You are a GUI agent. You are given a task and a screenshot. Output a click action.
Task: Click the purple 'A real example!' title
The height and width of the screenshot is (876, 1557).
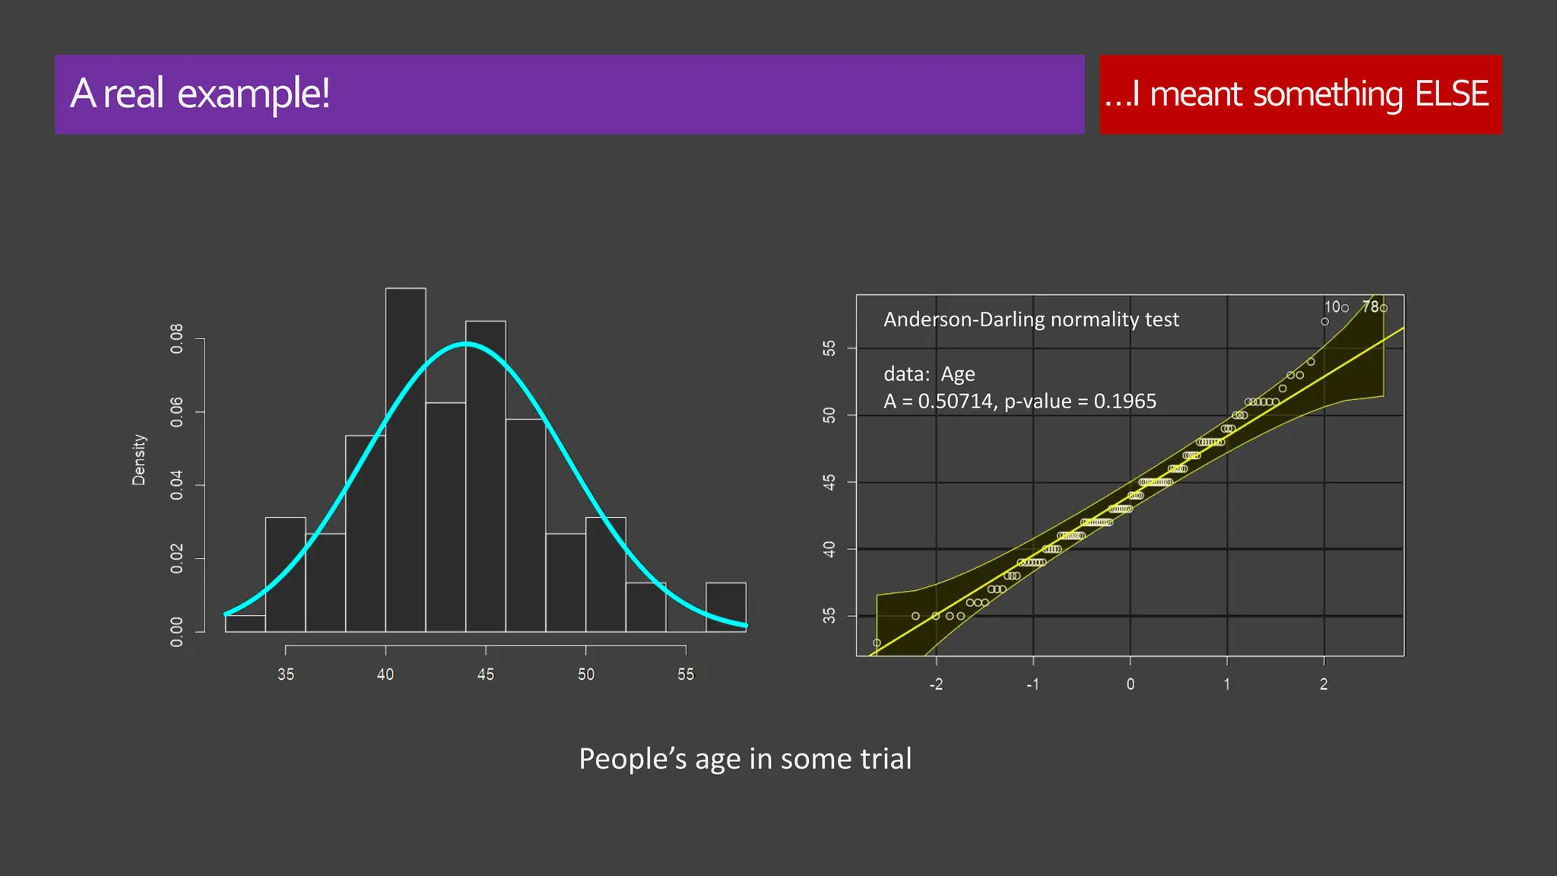click(x=200, y=94)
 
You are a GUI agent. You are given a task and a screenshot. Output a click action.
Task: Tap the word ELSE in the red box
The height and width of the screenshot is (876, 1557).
click(x=1451, y=94)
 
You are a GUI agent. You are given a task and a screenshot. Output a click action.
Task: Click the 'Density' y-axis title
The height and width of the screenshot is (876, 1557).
click(x=138, y=459)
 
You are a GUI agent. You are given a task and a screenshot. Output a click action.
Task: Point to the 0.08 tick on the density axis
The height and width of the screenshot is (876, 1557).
click(x=177, y=338)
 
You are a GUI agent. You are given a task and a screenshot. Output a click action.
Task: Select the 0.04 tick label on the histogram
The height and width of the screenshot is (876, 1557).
click(x=177, y=485)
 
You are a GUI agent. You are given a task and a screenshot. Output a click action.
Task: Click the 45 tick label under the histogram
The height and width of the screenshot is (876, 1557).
click(x=485, y=674)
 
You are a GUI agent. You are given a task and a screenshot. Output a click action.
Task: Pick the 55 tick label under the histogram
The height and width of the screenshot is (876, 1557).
click(x=686, y=674)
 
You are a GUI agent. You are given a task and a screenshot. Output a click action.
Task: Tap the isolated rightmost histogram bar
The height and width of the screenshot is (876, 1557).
click(x=725, y=607)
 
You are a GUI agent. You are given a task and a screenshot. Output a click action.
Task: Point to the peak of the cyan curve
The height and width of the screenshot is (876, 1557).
click(x=466, y=344)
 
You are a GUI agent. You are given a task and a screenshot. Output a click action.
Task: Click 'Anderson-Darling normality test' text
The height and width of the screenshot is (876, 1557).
click(x=1031, y=319)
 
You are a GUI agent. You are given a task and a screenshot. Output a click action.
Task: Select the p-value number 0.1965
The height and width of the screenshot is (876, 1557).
click(x=1124, y=401)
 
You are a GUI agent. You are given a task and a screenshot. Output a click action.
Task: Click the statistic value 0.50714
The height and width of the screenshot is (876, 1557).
click(x=955, y=401)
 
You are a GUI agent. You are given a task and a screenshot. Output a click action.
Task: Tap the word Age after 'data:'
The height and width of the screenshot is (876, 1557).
click(x=957, y=374)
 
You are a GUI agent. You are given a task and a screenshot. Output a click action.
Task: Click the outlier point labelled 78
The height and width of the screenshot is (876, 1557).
click(x=1384, y=308)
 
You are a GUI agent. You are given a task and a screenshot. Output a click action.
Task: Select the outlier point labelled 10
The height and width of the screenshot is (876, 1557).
click(x=1345, y=308)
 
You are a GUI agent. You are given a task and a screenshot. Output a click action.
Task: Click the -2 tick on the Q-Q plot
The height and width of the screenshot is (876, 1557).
click(x=936, y=684)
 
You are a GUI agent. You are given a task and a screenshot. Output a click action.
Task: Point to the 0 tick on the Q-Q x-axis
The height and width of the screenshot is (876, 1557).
click(x=1130, y=684)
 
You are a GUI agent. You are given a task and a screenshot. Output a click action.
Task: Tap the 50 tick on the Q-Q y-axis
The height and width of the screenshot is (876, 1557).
click(x=829, y=415)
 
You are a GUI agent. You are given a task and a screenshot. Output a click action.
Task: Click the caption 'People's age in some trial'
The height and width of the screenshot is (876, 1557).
click(x=745, y=759)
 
